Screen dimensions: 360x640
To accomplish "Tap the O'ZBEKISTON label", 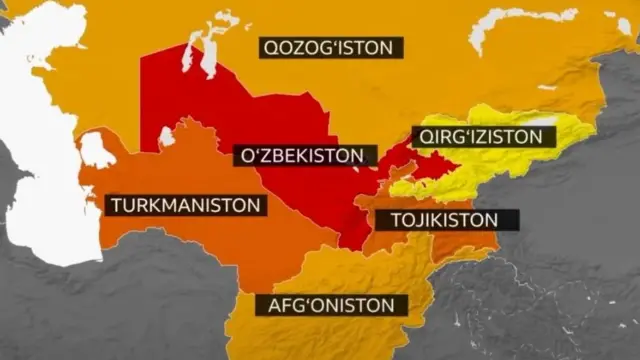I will [x=304, y=156].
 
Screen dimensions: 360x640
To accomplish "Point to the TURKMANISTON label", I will [x=187, y=206].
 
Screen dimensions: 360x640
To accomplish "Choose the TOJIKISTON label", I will [x=441, y=219].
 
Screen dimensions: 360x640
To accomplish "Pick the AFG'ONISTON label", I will [x=331, y=305].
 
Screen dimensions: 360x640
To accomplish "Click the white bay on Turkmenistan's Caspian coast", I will [x=96, y=151].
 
